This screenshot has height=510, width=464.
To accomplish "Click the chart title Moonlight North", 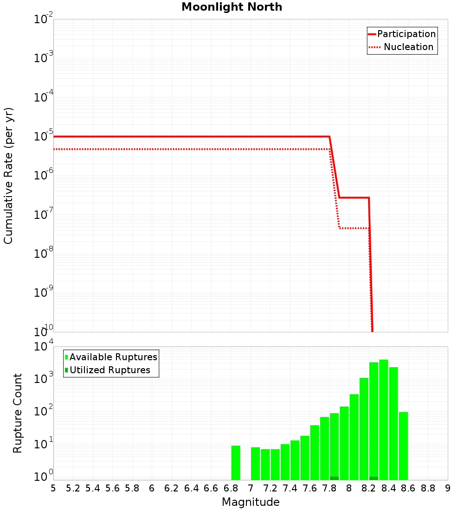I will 232,7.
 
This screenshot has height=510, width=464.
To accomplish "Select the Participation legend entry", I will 406,34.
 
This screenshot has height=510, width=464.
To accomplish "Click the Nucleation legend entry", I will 408,47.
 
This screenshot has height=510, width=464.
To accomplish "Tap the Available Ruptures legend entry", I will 113,357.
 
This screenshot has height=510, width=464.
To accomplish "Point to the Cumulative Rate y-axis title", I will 8,176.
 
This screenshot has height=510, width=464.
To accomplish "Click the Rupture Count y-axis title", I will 18,413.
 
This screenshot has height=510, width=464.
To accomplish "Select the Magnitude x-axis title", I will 251,502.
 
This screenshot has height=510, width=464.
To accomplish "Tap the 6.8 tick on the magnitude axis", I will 231,488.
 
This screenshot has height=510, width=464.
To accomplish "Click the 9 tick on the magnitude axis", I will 448,488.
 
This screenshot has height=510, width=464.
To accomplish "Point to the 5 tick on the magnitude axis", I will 53,488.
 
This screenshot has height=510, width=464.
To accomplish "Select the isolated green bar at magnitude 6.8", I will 236,462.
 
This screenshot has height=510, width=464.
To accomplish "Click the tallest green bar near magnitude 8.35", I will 383,420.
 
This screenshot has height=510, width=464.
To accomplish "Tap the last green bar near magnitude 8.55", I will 403,446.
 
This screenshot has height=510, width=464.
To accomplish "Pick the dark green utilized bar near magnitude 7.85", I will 334,478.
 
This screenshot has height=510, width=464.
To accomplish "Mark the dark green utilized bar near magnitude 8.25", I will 374,478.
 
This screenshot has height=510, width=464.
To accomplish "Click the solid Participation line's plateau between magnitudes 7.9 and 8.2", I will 354,198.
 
